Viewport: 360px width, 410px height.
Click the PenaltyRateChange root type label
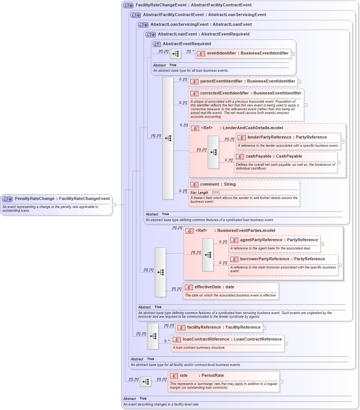coord(62,199)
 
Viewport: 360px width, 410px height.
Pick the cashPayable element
coord(274,156)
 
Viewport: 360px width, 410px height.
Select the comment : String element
coord(218,184)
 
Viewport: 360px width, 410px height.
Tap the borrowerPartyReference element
coord(282,259)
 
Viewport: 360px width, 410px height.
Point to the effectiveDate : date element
coord(214,287)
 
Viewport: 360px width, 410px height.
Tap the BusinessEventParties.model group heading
coord(246,231)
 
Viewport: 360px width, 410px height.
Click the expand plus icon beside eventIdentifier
coord(293,54)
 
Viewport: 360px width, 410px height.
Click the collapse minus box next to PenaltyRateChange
coord(114,205)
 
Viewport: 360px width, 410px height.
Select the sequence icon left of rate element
coord(145,382)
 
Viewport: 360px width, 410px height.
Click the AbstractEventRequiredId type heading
coord(187,44)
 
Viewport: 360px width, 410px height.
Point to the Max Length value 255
coord(216,193)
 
